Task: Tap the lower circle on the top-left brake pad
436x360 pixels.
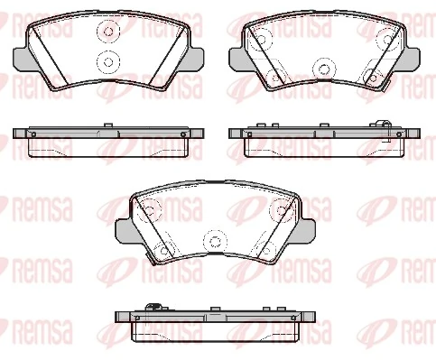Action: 107,62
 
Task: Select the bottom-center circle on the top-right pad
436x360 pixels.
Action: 322,66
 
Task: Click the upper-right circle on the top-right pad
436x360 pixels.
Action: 388,38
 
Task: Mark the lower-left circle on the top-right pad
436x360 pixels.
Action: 274,77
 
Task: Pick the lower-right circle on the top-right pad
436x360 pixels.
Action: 372,77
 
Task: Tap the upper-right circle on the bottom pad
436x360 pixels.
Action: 280,212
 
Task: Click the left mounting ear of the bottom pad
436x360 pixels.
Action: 124,232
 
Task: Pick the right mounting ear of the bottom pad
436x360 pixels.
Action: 304,232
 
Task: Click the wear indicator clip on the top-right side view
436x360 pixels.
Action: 385,127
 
